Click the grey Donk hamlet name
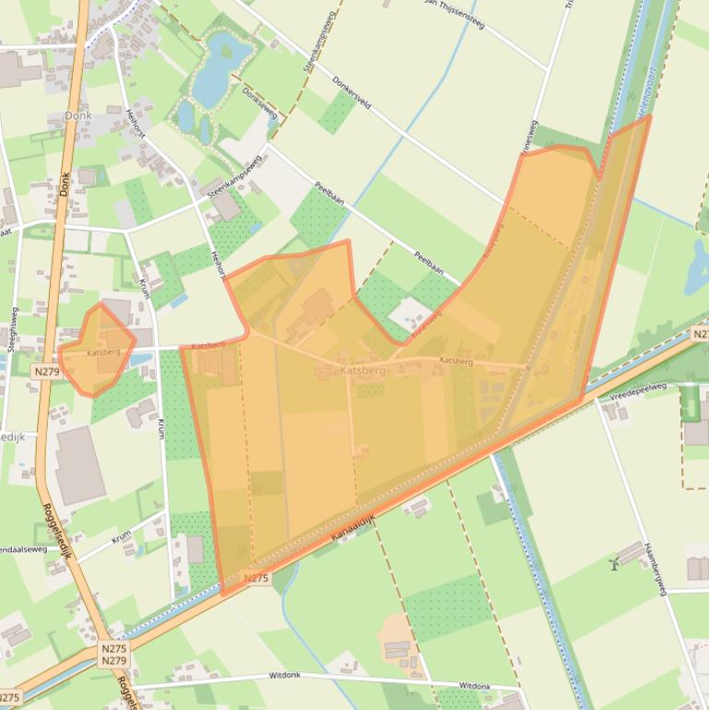pyautogui.click(x=78, y=116)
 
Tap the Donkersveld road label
pyautogui.click(x=351, y=92)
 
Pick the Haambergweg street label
pyautogui.click(x=655, y=568)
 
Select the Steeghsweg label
pyautogui.click(x=13, y=328)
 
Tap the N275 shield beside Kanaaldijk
pyautogui.click(x=255, y=578)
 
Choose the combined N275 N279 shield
pyautogui.click(x=114, y=655)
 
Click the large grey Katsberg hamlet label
pyautogui.click(x=362, y=370)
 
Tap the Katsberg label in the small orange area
pyautogui.click(x=103, y=352)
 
